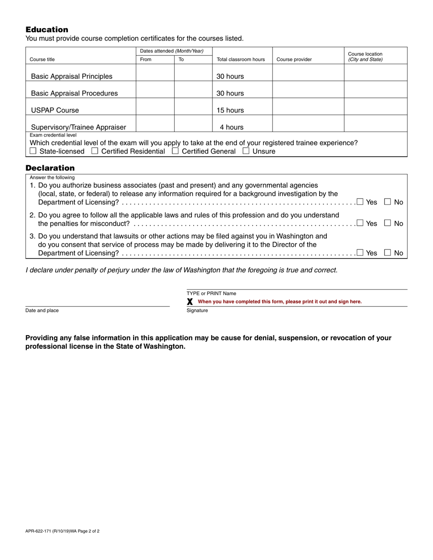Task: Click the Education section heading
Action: [47, 30]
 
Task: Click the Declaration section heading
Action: [50, 168]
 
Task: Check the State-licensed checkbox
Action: [33, 151]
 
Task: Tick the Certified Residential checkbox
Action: [95, 151]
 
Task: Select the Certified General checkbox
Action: [175, 151]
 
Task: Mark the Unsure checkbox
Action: [246, 151]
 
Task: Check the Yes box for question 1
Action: [360, 201]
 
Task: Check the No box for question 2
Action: [388, 223]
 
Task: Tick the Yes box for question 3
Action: [360, 252]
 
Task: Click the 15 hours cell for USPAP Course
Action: [230, 110]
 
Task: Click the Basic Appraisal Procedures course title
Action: [74, 93]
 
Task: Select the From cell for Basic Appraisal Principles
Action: [155, 73]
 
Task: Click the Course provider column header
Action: [294, 60]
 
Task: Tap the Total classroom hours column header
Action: [241, 60]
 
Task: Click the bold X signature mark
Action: [190, 301]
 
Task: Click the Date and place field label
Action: [42, 311]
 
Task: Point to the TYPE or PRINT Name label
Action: [211, 294]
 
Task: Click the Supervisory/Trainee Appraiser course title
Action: [78, 127]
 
